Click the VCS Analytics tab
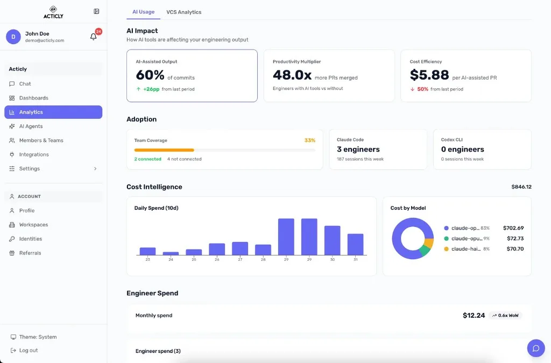coord(183,12)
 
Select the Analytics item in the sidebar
coord(53,112)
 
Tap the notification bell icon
coord(94,37)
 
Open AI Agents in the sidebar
coord(31,126)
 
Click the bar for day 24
coord(171,253)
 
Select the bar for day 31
coord(355,244)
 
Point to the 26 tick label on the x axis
coord(217,260)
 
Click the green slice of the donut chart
coord(425,250)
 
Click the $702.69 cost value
coord(513,228)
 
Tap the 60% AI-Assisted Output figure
coord(150,75)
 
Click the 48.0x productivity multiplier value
coord(292,75)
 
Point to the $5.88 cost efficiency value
coord(429,75)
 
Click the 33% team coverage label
coord(309,140)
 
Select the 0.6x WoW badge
coord(505,316)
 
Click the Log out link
coord(29,351)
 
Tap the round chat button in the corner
coord(535,348)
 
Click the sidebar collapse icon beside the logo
coord(96,11)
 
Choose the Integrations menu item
coord(34,154)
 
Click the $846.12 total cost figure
coord(521,187)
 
